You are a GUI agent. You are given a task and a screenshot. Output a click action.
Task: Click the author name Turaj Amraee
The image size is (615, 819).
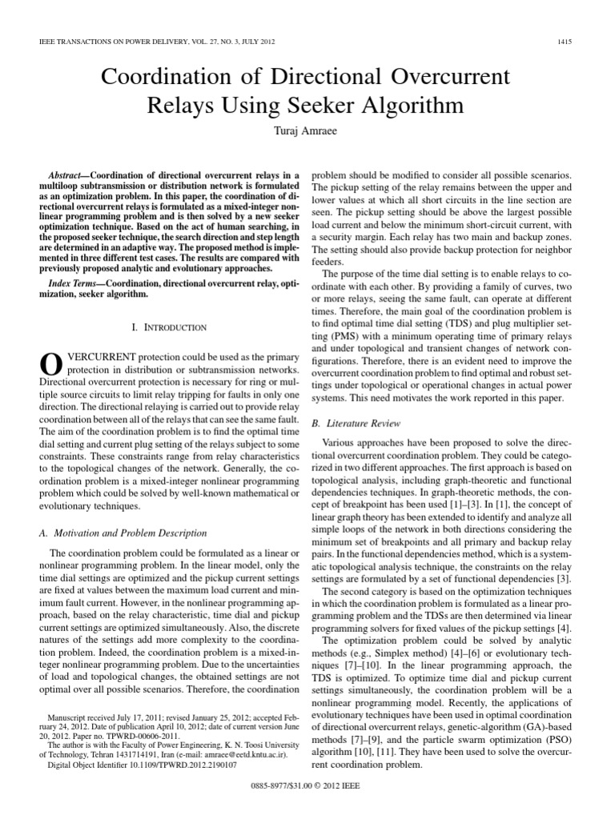click(307, 130)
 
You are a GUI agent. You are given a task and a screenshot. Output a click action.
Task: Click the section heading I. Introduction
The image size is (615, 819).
click(168, 327)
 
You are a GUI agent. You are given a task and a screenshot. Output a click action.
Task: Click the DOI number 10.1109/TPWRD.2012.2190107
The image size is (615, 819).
click(169, 765)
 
